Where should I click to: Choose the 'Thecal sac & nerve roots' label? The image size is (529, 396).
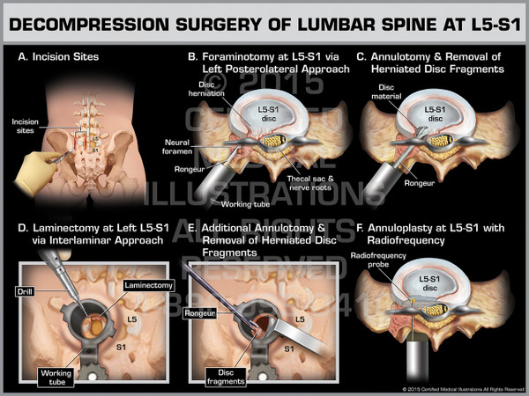[x=313, y=183]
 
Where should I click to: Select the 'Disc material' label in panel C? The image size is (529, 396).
[x=393, y=92]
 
